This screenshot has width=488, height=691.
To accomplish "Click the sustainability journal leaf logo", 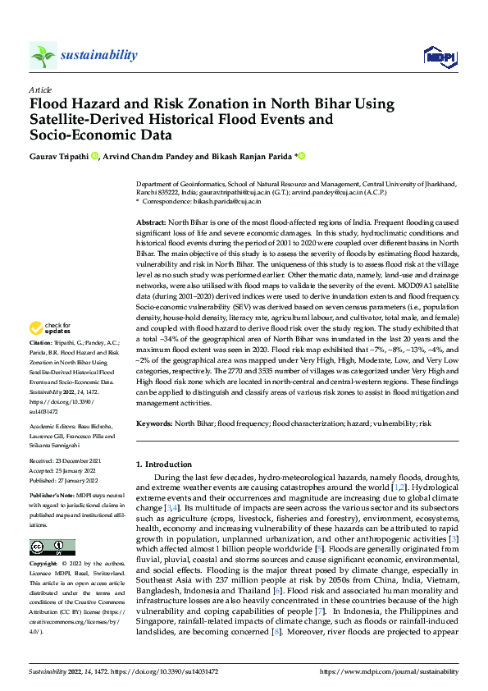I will click(x=43, y=55).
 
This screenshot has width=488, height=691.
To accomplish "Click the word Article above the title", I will click(x=40, y=89).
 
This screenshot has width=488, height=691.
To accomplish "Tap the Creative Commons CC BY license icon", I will click(x=52, y=547).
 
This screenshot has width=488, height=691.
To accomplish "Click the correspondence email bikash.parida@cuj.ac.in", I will click(x=231, y=200).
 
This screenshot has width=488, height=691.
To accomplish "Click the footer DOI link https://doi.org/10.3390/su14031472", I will click(x=175, y=670).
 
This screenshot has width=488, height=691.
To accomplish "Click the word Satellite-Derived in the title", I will click(x=84, y=120).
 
